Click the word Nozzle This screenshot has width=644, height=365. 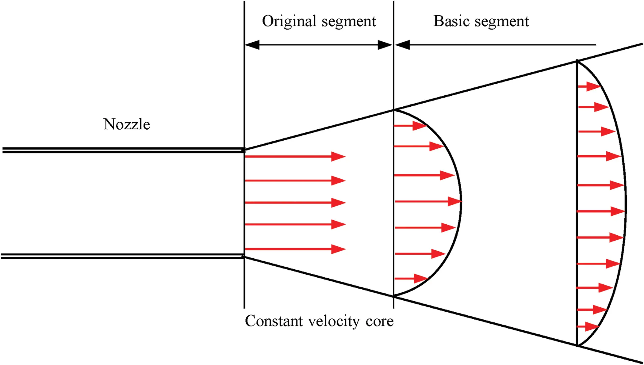point(127,124)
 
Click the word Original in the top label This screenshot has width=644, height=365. point(289,22)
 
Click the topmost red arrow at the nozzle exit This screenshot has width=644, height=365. point(295,157)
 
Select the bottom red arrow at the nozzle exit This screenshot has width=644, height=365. point(295,249)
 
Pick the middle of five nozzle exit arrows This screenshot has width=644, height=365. point(295,203)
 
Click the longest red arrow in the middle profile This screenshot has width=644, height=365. point(428,202)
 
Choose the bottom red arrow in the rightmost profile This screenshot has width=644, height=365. point(588,326)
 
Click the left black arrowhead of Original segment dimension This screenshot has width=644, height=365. point(252,45)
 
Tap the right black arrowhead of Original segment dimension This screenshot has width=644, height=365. point(385,45)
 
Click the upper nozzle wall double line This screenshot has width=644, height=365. point(123,150)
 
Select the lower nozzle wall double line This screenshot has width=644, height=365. point(123,256)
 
